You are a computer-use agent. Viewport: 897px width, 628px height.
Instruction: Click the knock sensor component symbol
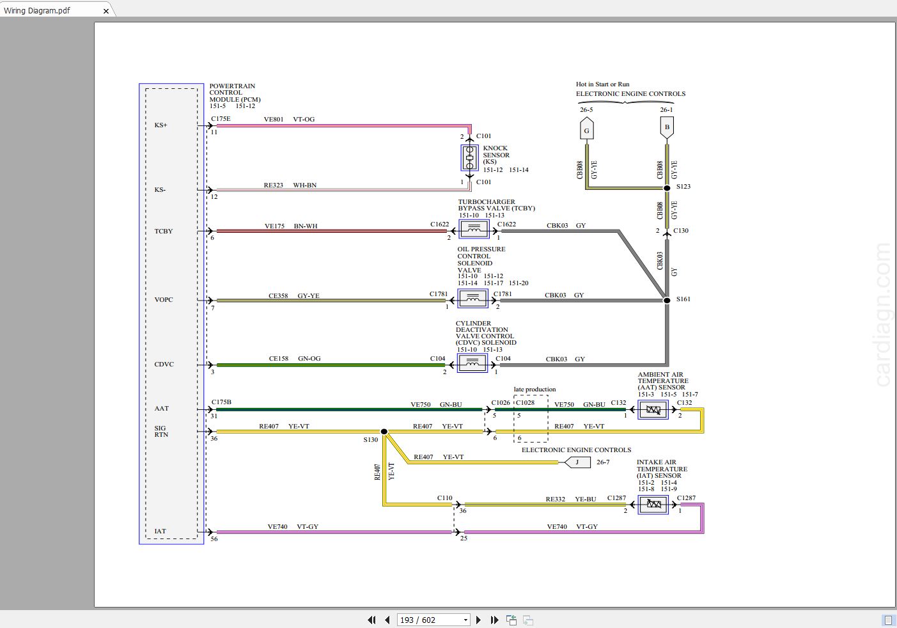pos(469,157)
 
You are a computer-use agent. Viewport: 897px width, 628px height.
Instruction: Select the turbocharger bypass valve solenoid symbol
pos(474,230)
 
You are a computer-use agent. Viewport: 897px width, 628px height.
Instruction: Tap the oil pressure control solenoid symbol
pos(472,299)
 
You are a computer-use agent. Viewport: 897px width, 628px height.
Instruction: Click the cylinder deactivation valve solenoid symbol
pos(472,363)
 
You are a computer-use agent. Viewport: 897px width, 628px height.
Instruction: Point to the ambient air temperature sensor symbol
pos(653,410)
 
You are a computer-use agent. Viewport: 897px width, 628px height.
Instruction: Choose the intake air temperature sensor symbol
pos(653,505)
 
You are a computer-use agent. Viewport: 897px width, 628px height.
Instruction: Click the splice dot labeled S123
pos(667,188)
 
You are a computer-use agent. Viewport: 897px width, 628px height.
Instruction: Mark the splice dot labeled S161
pos(667,300)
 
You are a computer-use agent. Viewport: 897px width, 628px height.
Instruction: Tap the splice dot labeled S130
pos(384,431)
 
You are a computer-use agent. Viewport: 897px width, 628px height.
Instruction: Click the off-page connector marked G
pos(587,128)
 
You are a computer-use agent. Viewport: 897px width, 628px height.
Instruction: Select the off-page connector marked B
pos(667,128)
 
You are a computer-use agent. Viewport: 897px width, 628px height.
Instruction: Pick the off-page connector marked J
pos(577,462)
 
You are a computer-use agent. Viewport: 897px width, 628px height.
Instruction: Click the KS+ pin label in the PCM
pos(160,125)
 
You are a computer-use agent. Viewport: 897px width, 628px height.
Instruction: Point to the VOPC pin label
pos(164,299)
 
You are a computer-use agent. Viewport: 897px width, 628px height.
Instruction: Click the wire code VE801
pos(274,120)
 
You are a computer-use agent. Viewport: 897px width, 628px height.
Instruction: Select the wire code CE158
pos(278,359)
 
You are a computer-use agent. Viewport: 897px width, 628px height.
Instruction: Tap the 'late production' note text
pos(534,389)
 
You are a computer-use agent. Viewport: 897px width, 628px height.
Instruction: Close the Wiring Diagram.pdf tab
pos(106,12)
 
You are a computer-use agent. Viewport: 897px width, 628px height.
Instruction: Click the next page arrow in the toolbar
pos(478,620)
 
